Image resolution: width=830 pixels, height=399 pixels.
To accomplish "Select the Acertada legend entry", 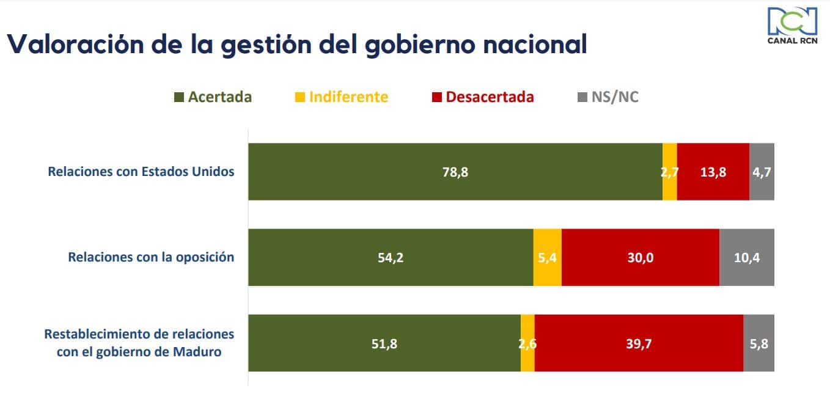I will point(213,97).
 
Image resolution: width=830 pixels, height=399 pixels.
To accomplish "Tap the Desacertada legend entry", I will point(483,97).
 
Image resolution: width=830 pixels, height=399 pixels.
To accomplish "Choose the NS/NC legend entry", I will point(608,97).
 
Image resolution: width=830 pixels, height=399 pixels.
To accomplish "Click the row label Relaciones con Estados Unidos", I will point(141,172).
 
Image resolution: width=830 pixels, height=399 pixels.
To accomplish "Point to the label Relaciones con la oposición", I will point(151,257).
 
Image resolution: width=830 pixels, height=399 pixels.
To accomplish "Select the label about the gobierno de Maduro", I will point(139,343).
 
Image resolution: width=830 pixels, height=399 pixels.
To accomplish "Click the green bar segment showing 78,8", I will point(455,172).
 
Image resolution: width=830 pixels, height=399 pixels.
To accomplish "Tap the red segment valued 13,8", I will point(713,172).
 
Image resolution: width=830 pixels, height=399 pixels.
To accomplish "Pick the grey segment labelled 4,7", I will point(762,172).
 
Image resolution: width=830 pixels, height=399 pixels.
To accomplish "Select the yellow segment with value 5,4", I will point(547,257).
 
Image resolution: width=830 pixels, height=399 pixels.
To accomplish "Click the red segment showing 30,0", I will point(640,257).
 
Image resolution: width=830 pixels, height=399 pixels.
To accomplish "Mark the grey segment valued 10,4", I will point(746,257).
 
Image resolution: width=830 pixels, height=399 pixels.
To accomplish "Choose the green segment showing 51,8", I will point(384,343).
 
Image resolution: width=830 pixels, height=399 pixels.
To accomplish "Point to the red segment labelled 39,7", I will point(639,343).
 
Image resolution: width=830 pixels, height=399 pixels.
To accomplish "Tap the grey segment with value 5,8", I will point(758,343).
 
